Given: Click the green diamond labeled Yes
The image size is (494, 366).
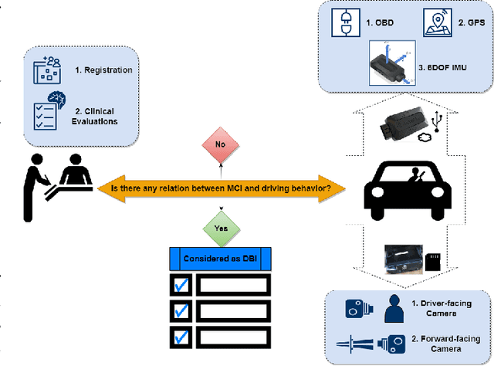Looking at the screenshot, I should coord(221,228).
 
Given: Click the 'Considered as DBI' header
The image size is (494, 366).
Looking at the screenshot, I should coord(222,258).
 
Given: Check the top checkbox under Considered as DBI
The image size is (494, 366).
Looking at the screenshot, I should coord(181,285).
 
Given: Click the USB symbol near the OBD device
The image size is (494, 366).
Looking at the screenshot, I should coord(437,120).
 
